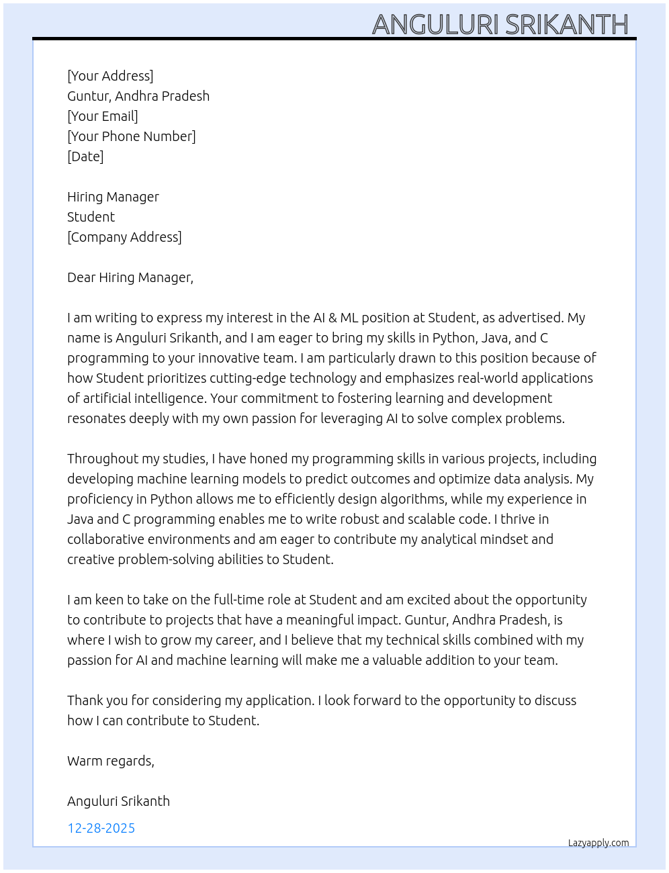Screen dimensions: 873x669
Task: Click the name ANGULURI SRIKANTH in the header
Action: point(500,24)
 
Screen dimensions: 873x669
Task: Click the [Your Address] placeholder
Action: point(110,76)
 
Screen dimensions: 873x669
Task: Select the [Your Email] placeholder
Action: point(103,116)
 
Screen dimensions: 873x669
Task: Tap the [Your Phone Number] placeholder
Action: point(132,136)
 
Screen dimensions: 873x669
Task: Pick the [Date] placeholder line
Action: point(85,156)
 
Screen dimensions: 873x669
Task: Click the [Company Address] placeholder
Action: point(124,237)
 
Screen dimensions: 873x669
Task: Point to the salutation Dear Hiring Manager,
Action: point(130,277)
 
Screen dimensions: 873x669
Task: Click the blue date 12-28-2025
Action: point(101,828)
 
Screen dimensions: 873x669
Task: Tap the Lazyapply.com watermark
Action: point(598,843)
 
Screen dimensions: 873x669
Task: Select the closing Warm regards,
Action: point(111,761)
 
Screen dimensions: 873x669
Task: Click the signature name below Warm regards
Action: point(118,801)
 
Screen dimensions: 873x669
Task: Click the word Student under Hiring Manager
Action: point(91,217)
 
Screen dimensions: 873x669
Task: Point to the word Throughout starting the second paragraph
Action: point(103,459)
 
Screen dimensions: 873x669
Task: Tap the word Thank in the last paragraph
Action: point(85,700)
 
